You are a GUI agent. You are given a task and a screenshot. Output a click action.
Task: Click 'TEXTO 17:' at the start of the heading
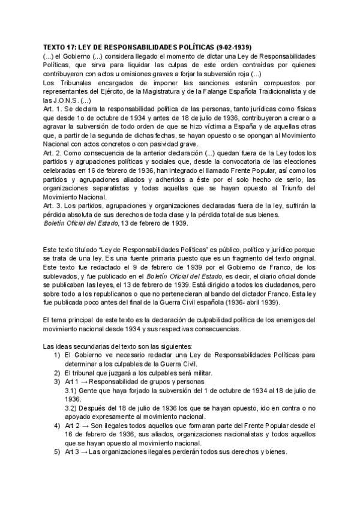[x=59, y=47]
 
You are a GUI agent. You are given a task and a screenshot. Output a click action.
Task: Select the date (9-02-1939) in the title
[x=232, y=47]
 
